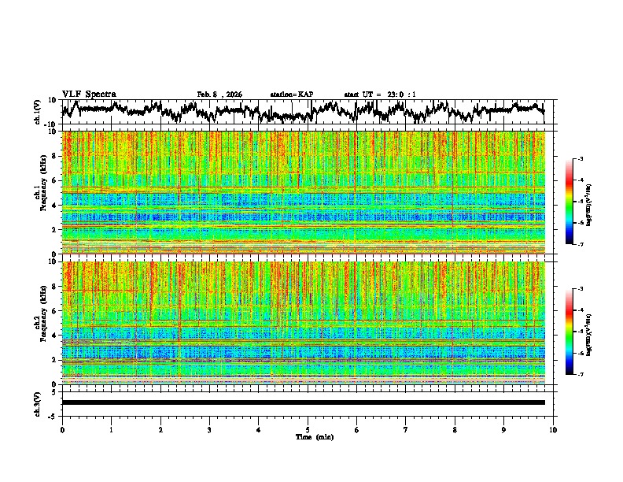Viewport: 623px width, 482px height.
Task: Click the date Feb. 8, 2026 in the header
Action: (219, 95)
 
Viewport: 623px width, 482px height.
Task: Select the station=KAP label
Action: (292, 95)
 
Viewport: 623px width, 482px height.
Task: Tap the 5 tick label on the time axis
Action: (308, 429)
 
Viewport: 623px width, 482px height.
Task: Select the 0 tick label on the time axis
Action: (62, 429)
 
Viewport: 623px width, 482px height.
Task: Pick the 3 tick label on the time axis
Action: (210, 429)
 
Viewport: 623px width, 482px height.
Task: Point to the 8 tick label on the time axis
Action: (455, 429)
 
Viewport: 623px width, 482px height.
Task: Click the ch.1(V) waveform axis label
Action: (39, 113)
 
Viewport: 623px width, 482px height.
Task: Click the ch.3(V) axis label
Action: (39, 402)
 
